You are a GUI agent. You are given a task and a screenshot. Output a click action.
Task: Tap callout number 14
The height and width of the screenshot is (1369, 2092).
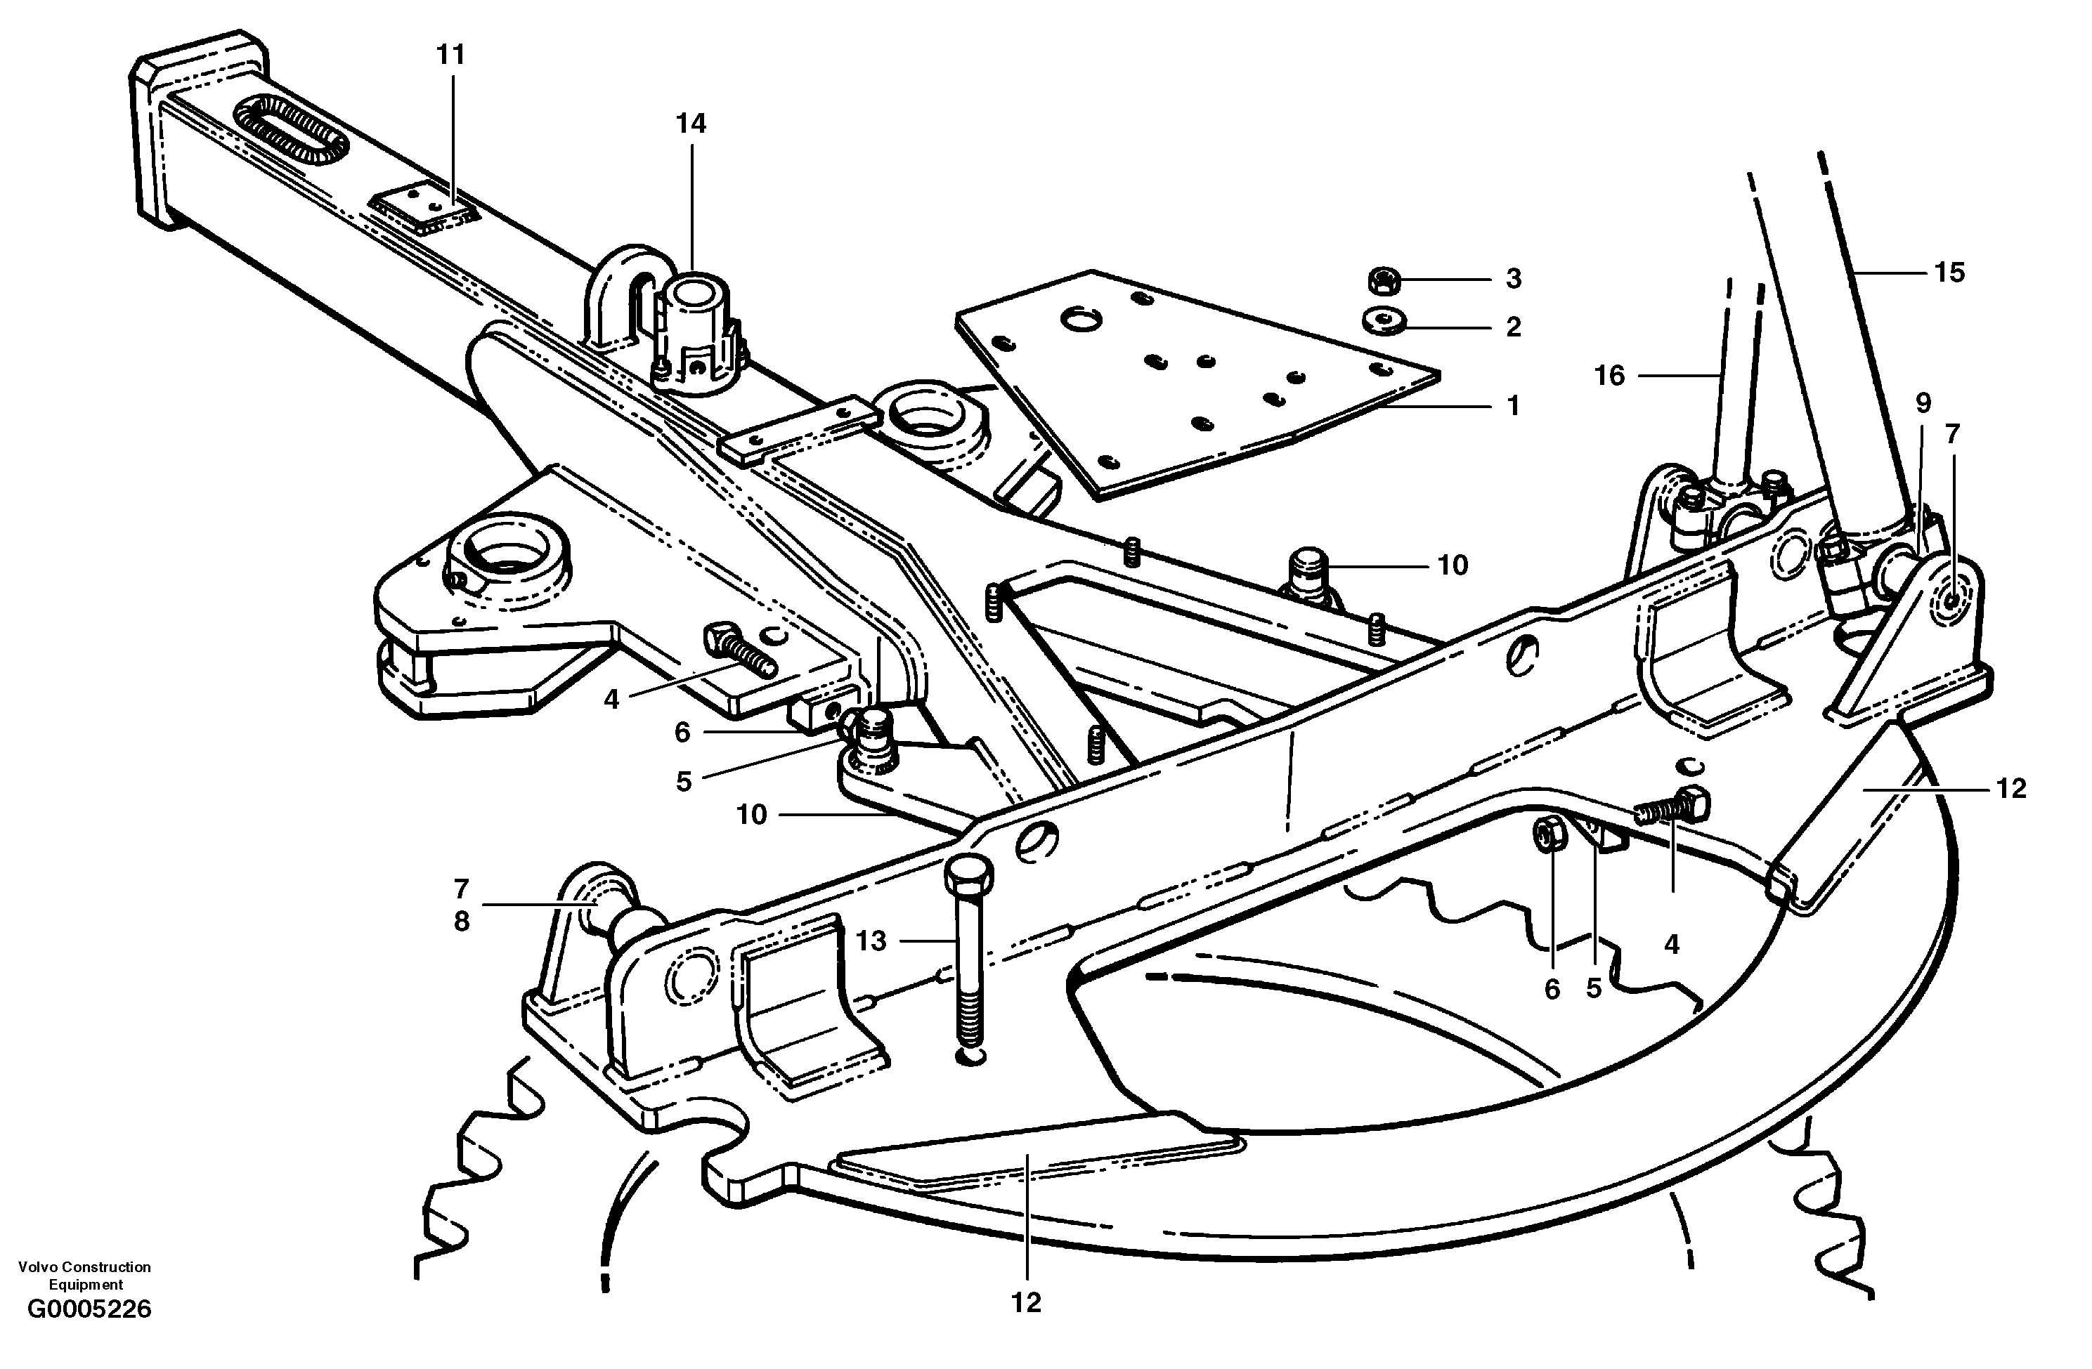691,124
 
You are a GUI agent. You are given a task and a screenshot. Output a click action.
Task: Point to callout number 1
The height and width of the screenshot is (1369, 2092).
1513,406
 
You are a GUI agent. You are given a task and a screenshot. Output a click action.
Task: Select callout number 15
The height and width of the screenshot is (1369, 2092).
1949,273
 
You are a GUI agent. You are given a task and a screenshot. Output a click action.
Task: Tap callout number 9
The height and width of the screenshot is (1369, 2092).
1923,403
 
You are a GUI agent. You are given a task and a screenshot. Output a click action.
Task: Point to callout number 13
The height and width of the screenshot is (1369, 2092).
871,941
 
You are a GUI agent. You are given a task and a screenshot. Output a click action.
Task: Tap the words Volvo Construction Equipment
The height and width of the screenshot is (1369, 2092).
84,1275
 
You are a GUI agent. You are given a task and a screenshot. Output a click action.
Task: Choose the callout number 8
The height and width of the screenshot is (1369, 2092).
462,922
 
